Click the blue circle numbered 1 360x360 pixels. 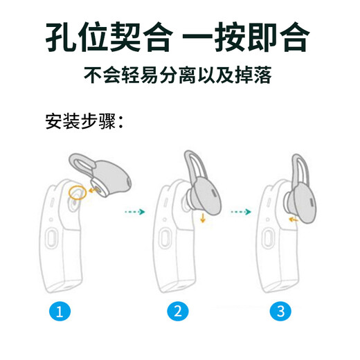tap(60, 312)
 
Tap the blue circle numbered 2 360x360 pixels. tap(178, 312)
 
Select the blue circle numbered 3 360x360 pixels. tap(280, 312)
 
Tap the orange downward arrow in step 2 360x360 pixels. tap(204, 219)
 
